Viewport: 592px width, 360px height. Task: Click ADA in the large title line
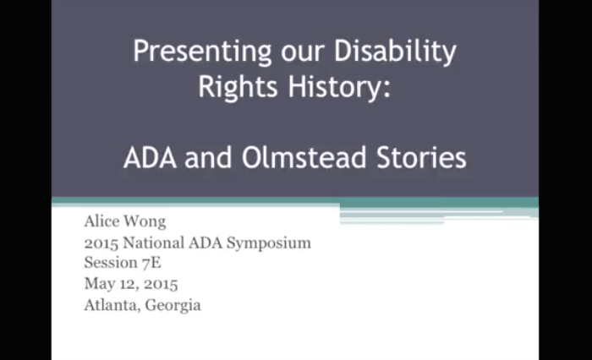pos(151,157)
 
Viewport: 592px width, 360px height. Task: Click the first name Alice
pos(103,224)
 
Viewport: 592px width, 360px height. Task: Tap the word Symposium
pos(269,244)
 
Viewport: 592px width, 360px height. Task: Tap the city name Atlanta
pos(112,304)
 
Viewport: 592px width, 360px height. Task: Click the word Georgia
pos(173,305)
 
